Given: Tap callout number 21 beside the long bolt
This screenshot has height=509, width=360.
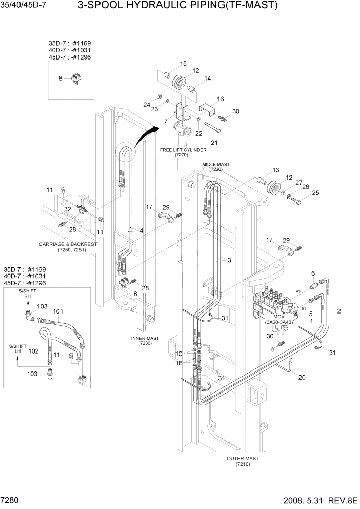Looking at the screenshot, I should click(x=214, y=143).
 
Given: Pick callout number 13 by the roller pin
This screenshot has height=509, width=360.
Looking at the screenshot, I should click(x=275, y=170).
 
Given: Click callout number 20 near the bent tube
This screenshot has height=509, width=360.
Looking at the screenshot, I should click(x=302, y=378).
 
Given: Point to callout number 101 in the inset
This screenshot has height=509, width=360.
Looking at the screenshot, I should click(x=58, y=311).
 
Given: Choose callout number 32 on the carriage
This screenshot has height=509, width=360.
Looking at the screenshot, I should click(x=67, y=209).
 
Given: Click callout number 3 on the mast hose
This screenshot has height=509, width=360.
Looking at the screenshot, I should click(x=229, y=260).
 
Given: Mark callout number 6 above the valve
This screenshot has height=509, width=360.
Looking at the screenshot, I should click(x=313, y=273).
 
